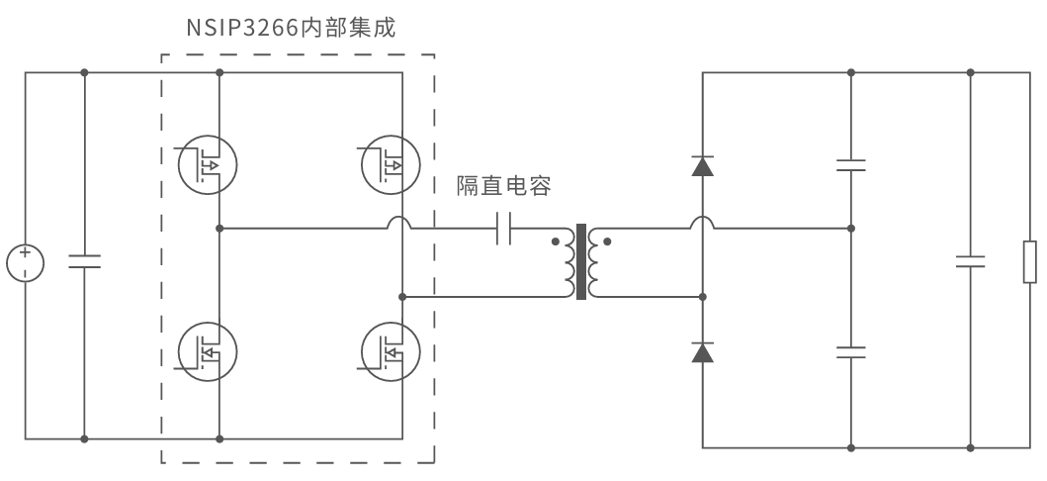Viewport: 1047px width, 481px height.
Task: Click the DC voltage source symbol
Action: [x=25, y=263]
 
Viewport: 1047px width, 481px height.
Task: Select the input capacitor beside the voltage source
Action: [x=84, y=262]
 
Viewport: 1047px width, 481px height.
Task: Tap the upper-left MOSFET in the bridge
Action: [x=207, y=164]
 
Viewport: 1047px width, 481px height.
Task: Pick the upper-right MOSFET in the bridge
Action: [x=390, y=164]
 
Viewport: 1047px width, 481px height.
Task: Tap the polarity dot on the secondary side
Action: [x=606, y=240]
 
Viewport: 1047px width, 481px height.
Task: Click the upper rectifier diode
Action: [x=702, y=165]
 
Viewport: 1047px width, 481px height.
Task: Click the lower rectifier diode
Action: [x=702, y=351]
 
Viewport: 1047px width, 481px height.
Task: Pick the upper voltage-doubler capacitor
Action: [x=850, y=164]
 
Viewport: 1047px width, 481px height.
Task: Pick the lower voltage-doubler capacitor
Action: [x=850, y=351]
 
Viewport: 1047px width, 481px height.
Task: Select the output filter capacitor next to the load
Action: [x=971, y=262]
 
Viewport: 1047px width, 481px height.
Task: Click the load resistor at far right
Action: [x=1029, y=262]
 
